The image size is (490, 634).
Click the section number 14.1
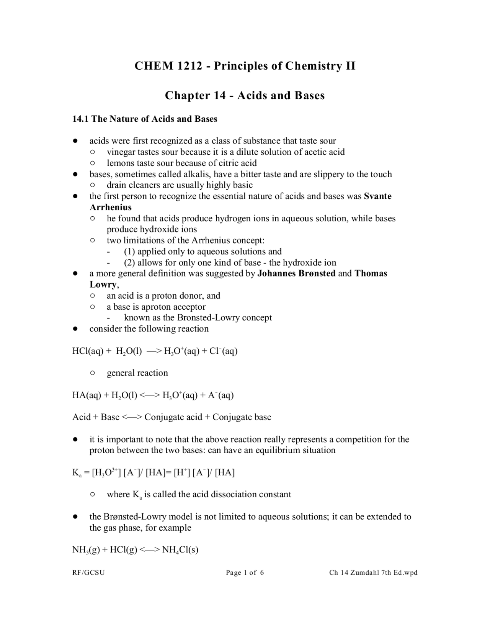[x=80, y=119]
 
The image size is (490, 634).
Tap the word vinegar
[x=121, y=152]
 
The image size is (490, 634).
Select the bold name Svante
[x=377, y=196]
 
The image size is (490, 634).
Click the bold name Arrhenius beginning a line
[x=110, y=208]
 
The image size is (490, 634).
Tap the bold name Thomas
[x=371, y=274]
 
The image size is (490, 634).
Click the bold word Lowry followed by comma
[x=103, y=285]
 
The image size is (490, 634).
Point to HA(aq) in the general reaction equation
[x=87, y=395]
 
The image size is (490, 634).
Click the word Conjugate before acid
[x=165, y=417]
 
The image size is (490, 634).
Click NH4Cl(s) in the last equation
[x=180, y=551]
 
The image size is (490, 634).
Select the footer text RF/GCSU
[x=88, y=573]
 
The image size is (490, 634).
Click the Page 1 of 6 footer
[x=245, y=573]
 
